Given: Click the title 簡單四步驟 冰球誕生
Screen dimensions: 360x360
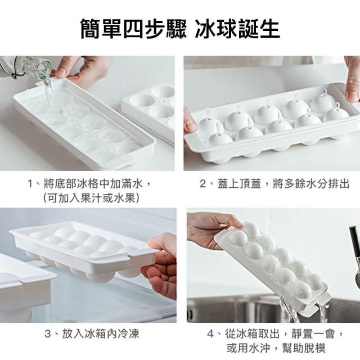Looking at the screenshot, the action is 180,29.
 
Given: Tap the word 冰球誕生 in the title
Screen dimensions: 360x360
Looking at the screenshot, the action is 237,29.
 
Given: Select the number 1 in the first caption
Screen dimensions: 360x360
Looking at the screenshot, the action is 30,184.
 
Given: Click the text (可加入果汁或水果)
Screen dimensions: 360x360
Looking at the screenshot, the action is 91,198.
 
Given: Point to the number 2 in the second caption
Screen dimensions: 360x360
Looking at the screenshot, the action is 202,184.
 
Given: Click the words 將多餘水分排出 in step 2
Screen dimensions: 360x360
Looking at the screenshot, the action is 311,184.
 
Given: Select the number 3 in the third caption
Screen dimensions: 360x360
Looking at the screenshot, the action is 48,334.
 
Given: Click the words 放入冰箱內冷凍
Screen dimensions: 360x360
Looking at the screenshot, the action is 101,334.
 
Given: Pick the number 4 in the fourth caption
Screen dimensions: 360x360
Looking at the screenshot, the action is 210,334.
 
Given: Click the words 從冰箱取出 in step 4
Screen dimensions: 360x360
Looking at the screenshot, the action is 252,334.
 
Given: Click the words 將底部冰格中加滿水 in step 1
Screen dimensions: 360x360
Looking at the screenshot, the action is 93,184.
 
